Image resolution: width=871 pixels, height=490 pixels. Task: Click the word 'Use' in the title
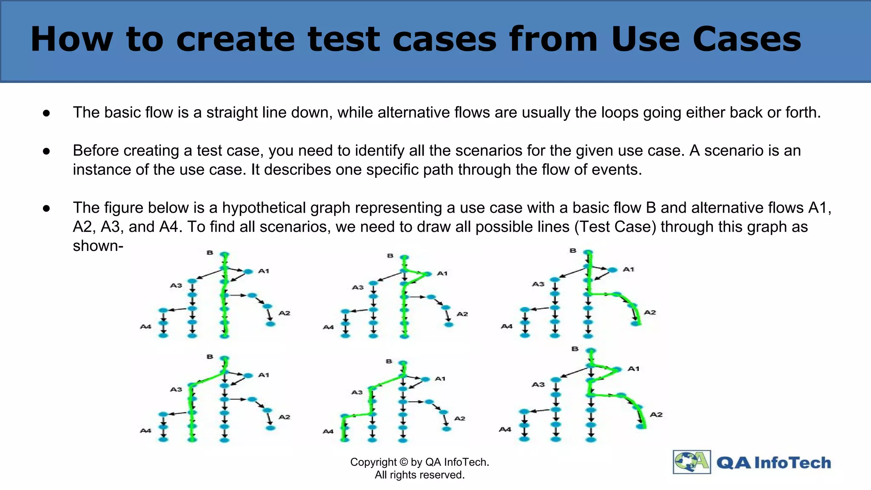646,39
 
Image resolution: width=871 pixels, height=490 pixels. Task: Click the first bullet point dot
46,113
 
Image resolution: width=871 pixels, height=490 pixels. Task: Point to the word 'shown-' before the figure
98,246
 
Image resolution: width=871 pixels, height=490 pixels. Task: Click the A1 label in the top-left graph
264,271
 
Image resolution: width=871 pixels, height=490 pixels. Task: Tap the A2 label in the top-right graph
650,312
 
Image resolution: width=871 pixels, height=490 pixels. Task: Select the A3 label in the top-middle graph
358,287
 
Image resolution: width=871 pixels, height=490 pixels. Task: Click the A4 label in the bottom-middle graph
328,431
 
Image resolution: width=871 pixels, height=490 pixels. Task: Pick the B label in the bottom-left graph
210,357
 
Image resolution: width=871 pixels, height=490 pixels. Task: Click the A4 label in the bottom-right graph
505,430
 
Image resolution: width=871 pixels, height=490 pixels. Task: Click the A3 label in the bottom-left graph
176,389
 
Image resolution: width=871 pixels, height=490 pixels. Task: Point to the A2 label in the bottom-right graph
656,414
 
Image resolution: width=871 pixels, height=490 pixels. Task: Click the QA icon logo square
692,462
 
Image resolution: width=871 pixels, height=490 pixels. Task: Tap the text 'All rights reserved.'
419,475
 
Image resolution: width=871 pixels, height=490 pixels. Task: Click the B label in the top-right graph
573,251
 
